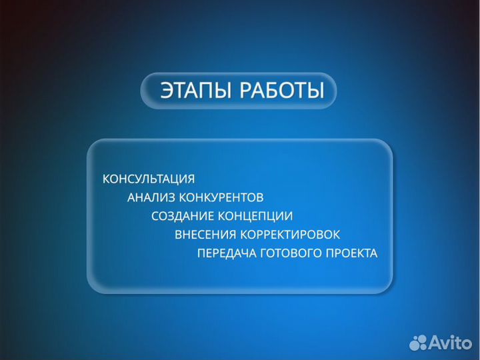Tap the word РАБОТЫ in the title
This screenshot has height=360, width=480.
(281, 91)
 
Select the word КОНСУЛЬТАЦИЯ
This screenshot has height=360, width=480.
(148, 179)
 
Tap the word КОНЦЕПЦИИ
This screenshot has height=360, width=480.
(255, 217)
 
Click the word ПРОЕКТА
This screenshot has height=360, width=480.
(351, 254)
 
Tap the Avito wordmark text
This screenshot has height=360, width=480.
(449, 343)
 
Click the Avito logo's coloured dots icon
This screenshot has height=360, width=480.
(417, 343)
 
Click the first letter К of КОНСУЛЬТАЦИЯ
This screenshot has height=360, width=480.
(105, 179)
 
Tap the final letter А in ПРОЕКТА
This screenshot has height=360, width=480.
(373, 254)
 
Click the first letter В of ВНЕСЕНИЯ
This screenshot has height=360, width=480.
(178, 235)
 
